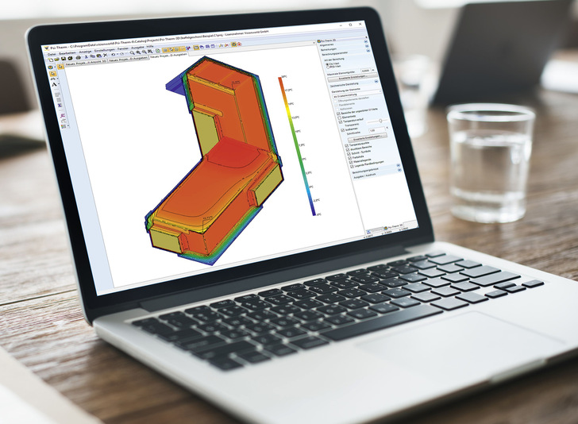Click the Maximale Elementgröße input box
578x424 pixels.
365,69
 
